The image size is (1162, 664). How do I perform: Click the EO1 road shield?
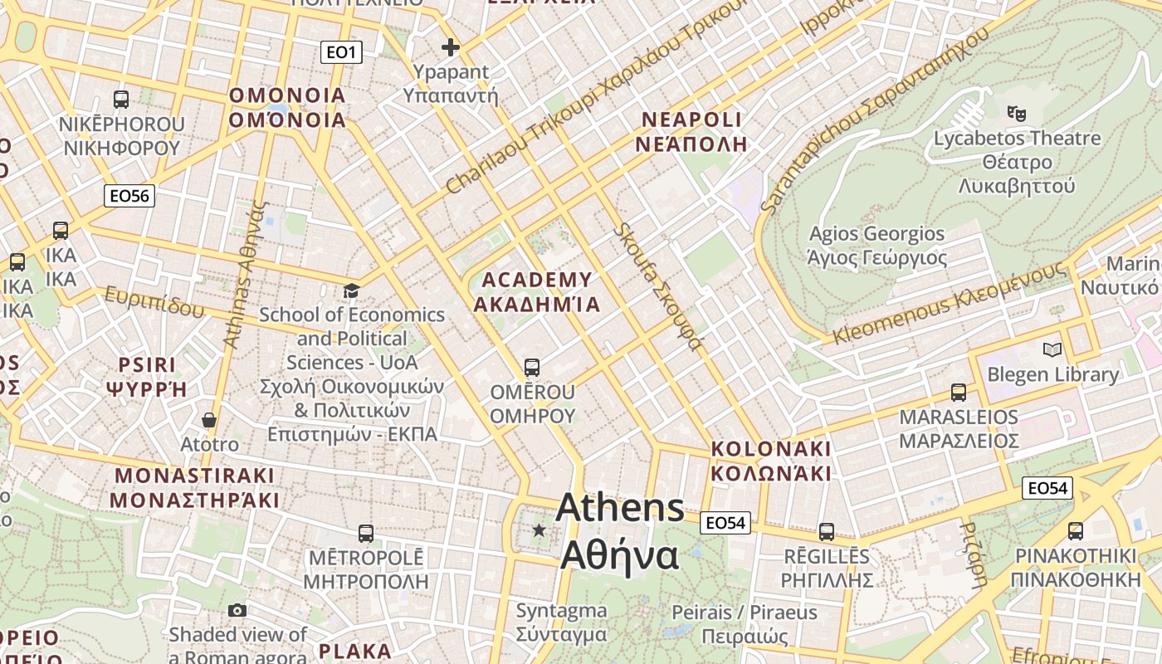click(x=341, y=52)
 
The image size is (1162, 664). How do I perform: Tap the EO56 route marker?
click(x=129, y=196)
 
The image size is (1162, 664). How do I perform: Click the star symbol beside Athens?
click(x=539, y=530)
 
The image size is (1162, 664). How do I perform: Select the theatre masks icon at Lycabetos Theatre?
click(x=1016, y=112)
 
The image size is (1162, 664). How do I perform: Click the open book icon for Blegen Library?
click(x=1052, y=350)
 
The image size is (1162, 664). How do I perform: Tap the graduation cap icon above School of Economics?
click(x=352, y=290)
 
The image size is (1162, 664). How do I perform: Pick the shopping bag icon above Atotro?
click(x=209, y=420)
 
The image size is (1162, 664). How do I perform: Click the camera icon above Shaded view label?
click(x=237, y=611)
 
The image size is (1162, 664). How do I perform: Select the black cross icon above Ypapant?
click(x=451, y=47)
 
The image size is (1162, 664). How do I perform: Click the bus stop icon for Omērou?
click(x=532, y=367)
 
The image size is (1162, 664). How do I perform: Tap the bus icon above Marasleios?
click(x=959, y=393)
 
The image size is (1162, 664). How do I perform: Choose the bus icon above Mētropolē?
click(x=365, y=533)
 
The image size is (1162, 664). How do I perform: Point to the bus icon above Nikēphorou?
click(x=121, y=100)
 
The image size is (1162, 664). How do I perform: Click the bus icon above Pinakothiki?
click(x=1076, y=531)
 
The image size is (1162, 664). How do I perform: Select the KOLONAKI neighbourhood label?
click(x=770, y=461)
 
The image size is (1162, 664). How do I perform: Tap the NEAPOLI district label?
click(x=691, y=131)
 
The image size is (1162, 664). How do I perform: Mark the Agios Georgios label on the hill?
click(x=876, y=246)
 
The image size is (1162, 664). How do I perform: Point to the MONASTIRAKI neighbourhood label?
click(x=195, y=488)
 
